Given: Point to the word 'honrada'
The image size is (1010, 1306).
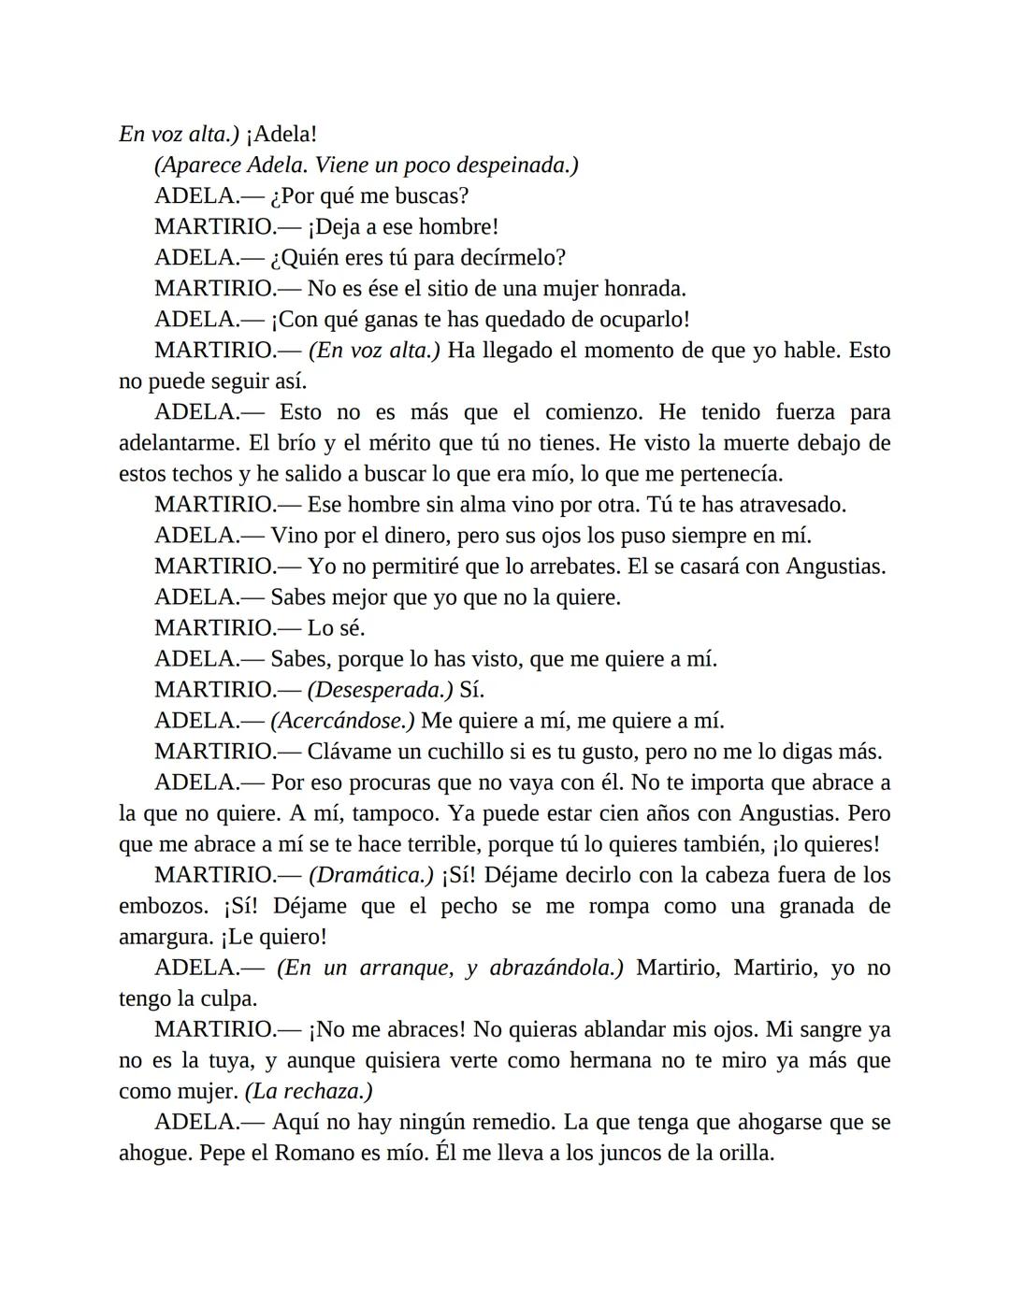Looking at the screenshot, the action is point(644,289).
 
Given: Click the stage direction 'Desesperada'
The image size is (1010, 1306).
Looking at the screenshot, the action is point(381,690).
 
